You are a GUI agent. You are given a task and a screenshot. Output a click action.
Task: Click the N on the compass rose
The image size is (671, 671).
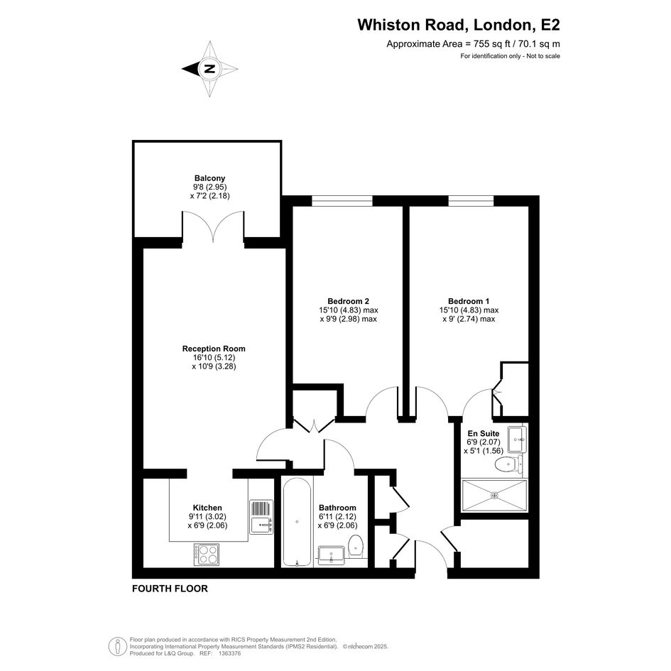coord(209,68)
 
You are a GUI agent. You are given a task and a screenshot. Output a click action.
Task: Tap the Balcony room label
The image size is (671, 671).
coord(209,178)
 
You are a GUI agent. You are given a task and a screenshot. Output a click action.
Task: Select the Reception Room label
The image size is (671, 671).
coord(214,349)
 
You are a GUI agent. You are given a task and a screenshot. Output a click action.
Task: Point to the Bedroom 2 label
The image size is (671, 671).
coord(349,301)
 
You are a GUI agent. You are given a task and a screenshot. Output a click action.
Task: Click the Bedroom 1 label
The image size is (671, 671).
coord(469,301)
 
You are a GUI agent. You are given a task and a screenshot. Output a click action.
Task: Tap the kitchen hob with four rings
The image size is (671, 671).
coord(206,555)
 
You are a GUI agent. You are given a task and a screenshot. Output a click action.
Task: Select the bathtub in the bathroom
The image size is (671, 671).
coord(297,522)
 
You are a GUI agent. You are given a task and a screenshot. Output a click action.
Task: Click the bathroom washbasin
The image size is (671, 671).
coord(332,555)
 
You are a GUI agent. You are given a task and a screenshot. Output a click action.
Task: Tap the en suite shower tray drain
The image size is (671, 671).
coord(495,496)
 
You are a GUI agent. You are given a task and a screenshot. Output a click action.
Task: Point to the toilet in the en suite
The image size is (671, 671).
coord(509,464)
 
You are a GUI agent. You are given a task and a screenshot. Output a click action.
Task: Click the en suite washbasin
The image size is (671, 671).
coord(518,440)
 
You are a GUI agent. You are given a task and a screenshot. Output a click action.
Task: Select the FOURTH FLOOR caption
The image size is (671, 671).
coord(170,589)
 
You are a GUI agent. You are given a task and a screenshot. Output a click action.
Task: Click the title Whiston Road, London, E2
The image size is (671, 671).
coord(459,25)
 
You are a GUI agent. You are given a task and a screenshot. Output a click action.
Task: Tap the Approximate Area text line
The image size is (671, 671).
coord(474,43)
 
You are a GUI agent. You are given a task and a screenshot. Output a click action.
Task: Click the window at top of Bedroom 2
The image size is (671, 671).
coord(342,201)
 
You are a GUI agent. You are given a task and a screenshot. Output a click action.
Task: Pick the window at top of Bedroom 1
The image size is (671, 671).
coord(471,201)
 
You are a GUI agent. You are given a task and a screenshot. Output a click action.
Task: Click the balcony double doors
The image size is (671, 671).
coord(213,226)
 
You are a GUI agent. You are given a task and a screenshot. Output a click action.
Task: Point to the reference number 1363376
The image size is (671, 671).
coord(230,653)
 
